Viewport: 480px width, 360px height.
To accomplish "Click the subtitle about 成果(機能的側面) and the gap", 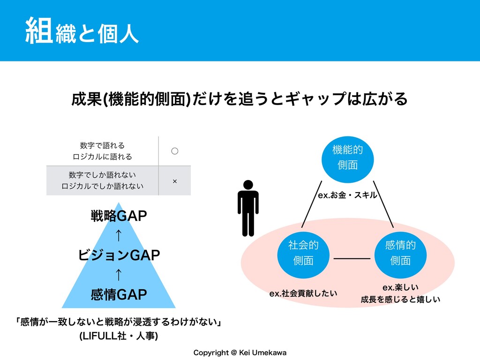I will (240, 98).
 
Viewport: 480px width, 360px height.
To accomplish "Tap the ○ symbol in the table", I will (174, 151).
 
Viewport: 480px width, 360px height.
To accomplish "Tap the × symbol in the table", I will (174, 181).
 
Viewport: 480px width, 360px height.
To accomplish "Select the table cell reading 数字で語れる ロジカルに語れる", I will (102, 151).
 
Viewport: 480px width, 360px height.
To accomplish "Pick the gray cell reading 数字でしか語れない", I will (102, 180).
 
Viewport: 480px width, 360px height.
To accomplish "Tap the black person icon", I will (248, 208).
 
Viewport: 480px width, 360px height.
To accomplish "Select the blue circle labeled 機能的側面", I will (347, 157).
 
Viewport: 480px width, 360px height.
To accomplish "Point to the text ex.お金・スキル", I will (347, 195).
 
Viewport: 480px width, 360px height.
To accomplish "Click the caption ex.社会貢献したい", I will (303, 294).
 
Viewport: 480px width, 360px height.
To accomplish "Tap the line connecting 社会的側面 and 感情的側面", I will (352, 258).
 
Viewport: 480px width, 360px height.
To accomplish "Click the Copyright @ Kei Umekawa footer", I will (240, 352).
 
